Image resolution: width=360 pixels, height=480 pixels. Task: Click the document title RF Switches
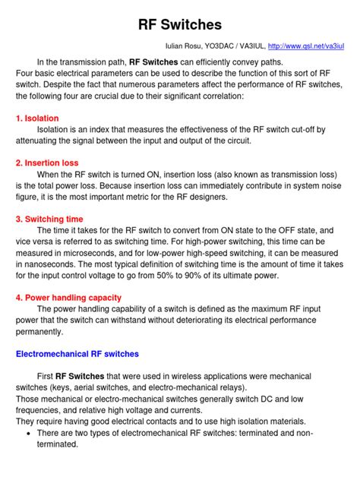[x=180, y=24]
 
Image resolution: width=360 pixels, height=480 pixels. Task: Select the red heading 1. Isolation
[x=37, y=119]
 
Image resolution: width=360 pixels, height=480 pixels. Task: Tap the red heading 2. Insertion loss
[x=47, y=163]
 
